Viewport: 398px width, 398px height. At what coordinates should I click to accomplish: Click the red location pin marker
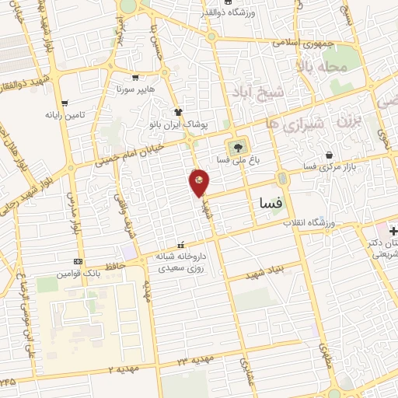point(199,182)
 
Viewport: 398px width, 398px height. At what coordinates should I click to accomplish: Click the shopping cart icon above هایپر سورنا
point(136,78)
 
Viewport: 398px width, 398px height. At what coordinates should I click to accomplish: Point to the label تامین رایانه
point(64,114)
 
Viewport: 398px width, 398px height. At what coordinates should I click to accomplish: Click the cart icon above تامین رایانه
point(65,103)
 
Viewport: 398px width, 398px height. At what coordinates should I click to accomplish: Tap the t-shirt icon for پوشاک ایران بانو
point(178,111)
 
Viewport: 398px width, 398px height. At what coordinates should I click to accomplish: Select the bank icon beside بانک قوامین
point(78,261)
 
